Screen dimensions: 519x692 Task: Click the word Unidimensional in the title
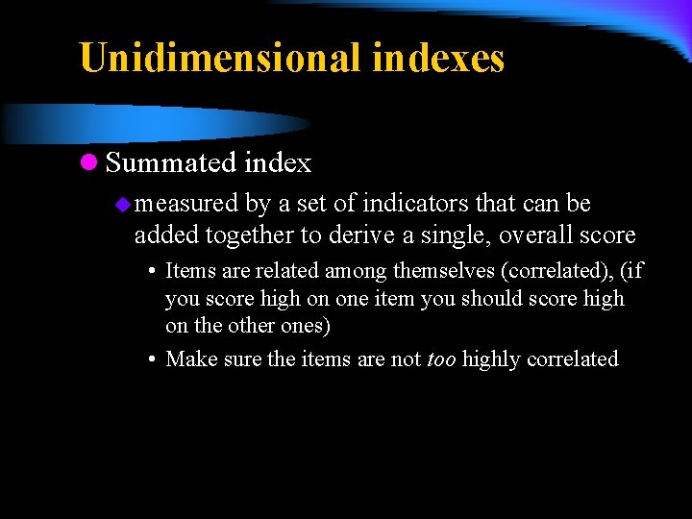coord(220,58)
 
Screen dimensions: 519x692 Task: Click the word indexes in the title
coord(437,58)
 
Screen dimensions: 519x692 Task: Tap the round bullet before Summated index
coord(88,163)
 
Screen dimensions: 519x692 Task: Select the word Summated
coord(171,163)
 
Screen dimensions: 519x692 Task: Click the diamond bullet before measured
coord(122,204)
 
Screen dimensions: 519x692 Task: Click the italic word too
coord(441,359)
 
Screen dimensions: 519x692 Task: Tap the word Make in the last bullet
coord(189,359)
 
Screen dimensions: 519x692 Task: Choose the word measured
coord(186,204)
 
